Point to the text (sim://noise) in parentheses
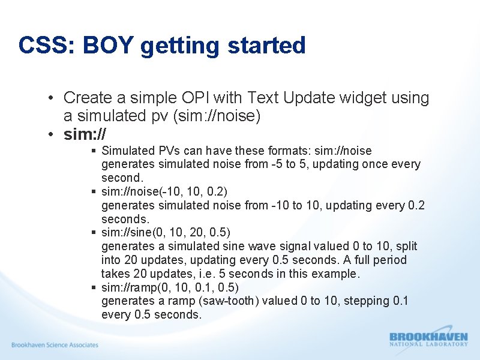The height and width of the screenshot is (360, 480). click(x=216, y=116)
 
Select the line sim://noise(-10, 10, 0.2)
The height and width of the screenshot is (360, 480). click(x=164, y=191)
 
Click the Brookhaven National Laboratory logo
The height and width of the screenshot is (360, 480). click(x=428, y=339)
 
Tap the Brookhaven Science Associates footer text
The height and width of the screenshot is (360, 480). click(x=55, y=345)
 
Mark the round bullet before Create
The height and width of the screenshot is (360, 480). click(x=53, y=98)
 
